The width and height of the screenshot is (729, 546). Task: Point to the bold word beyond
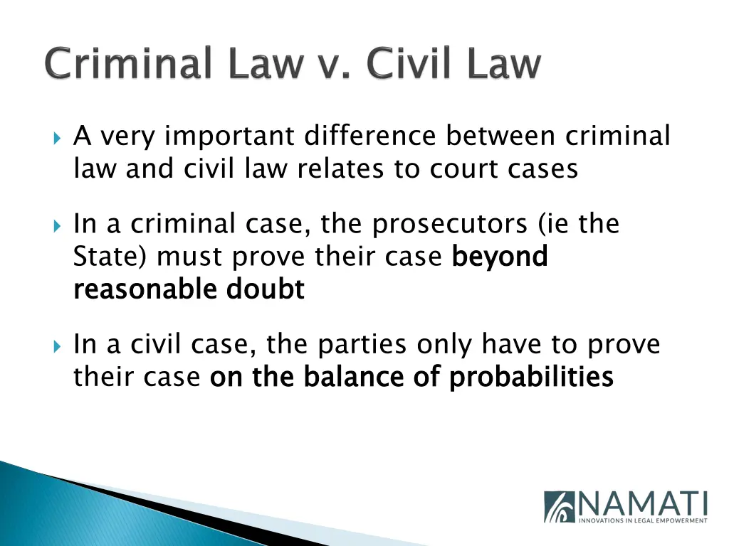pos(500,257)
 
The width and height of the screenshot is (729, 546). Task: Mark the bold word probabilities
pos(531,378)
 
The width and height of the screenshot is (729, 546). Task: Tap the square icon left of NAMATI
pos(560,507)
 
